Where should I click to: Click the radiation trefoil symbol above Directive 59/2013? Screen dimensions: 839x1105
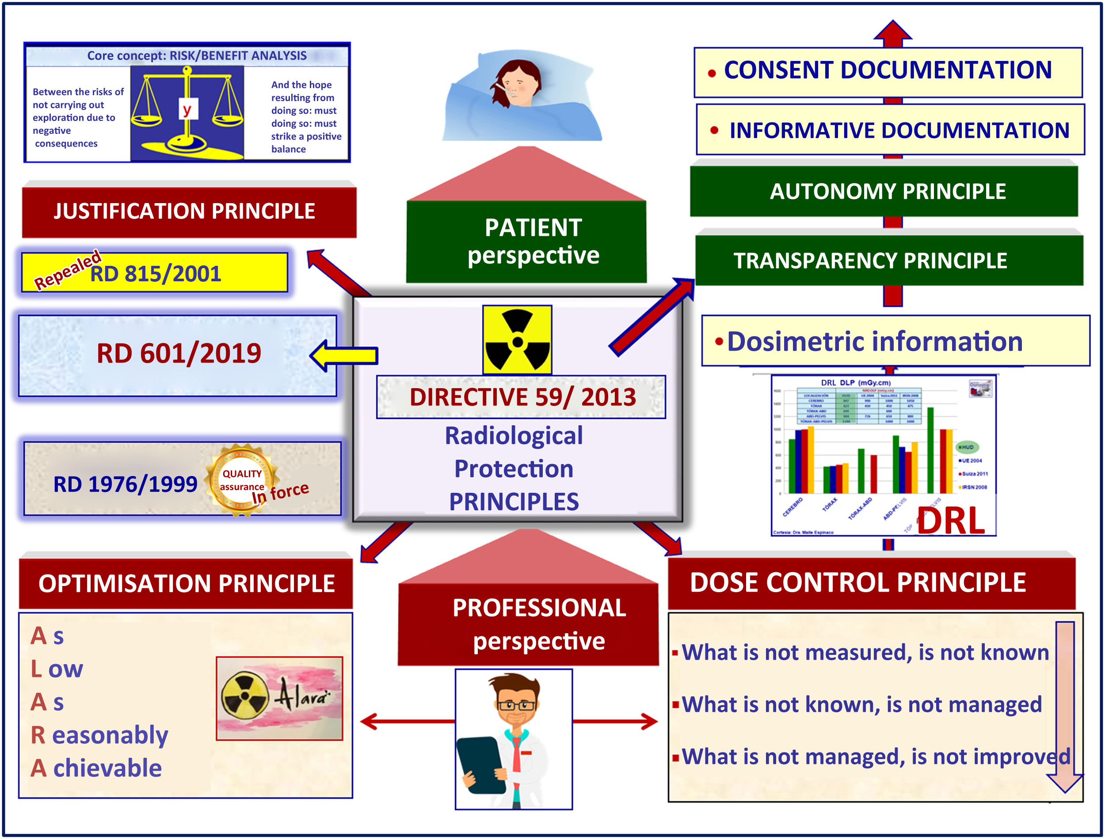[517, 340]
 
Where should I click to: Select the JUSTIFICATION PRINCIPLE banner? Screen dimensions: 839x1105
[189, 211]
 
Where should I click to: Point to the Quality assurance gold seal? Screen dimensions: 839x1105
[242, 480]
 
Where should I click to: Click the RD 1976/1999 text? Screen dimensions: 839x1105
[125, 484]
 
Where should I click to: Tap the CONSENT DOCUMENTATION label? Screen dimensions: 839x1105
[887, 70]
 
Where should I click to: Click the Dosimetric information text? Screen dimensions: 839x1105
[875, 342]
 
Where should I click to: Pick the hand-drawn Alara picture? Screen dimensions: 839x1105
[279, 698]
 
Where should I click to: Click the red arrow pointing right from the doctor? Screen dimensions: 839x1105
[615, 721]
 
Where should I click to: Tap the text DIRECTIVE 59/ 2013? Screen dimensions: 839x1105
[522, 397]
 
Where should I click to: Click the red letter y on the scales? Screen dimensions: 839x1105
[187, 110]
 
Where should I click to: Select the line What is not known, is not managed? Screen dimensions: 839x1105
[861, 704]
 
